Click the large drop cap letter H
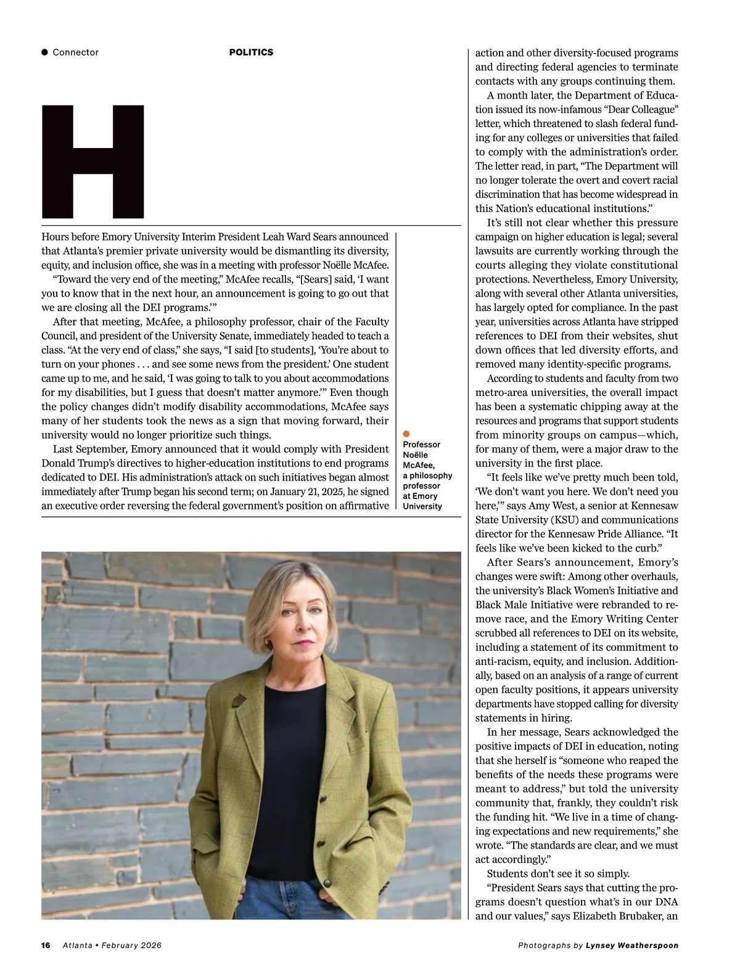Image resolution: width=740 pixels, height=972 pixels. (93, 162)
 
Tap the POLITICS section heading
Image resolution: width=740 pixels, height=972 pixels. (251, 52)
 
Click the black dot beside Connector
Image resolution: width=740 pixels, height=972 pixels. (44, 52)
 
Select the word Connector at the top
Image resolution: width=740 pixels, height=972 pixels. (75, 52)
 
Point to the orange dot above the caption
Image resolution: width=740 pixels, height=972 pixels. (406, 434)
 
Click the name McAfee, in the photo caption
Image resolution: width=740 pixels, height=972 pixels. (419, 465)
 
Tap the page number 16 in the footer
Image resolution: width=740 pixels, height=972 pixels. (46, 945)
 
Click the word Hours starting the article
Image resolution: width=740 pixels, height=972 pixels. (55, 236)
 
